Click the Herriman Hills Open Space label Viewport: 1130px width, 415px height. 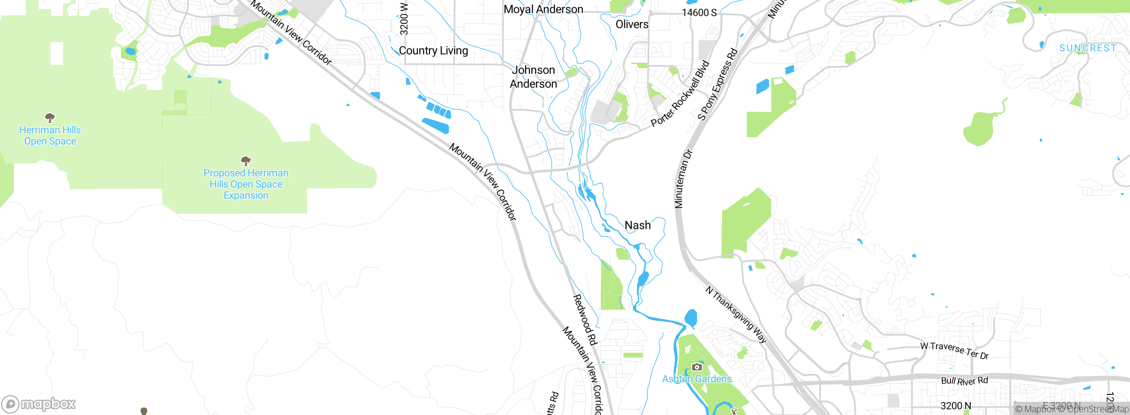point(50,136)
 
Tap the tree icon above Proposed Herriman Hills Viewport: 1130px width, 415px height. point(246,161)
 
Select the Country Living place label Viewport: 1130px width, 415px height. point(433,51)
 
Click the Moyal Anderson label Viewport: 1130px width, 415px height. point(543,9)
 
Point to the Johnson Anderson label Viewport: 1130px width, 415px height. point(533,77)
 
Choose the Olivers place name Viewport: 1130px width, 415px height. point(632,24)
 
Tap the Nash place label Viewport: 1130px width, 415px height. point(637,225)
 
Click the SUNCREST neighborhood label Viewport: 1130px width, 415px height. point(1088,48)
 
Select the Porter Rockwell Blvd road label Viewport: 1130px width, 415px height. point(680,94)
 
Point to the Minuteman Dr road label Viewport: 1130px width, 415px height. point(683,179)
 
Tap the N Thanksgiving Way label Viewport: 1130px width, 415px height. point(736,314)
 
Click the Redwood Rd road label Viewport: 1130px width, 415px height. point(585,320)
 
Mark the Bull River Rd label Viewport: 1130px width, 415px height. point(964,381)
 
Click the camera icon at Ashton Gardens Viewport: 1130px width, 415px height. point(697,367)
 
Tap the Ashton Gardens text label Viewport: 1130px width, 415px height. point(697,379)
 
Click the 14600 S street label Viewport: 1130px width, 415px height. point(699,12)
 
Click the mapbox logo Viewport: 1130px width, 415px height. point(39,404)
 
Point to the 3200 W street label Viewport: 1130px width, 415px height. point(403,19)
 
